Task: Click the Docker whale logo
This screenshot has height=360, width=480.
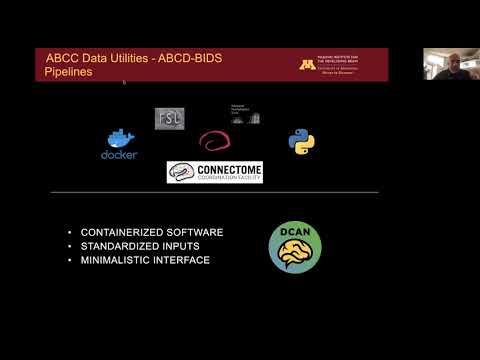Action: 120,138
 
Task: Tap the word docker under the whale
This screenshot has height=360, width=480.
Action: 119,155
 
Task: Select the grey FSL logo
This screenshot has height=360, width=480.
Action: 169,117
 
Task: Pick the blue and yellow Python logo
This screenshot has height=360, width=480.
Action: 302,140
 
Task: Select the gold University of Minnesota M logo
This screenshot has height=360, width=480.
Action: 308,64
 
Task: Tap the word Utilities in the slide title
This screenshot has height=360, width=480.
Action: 135,58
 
